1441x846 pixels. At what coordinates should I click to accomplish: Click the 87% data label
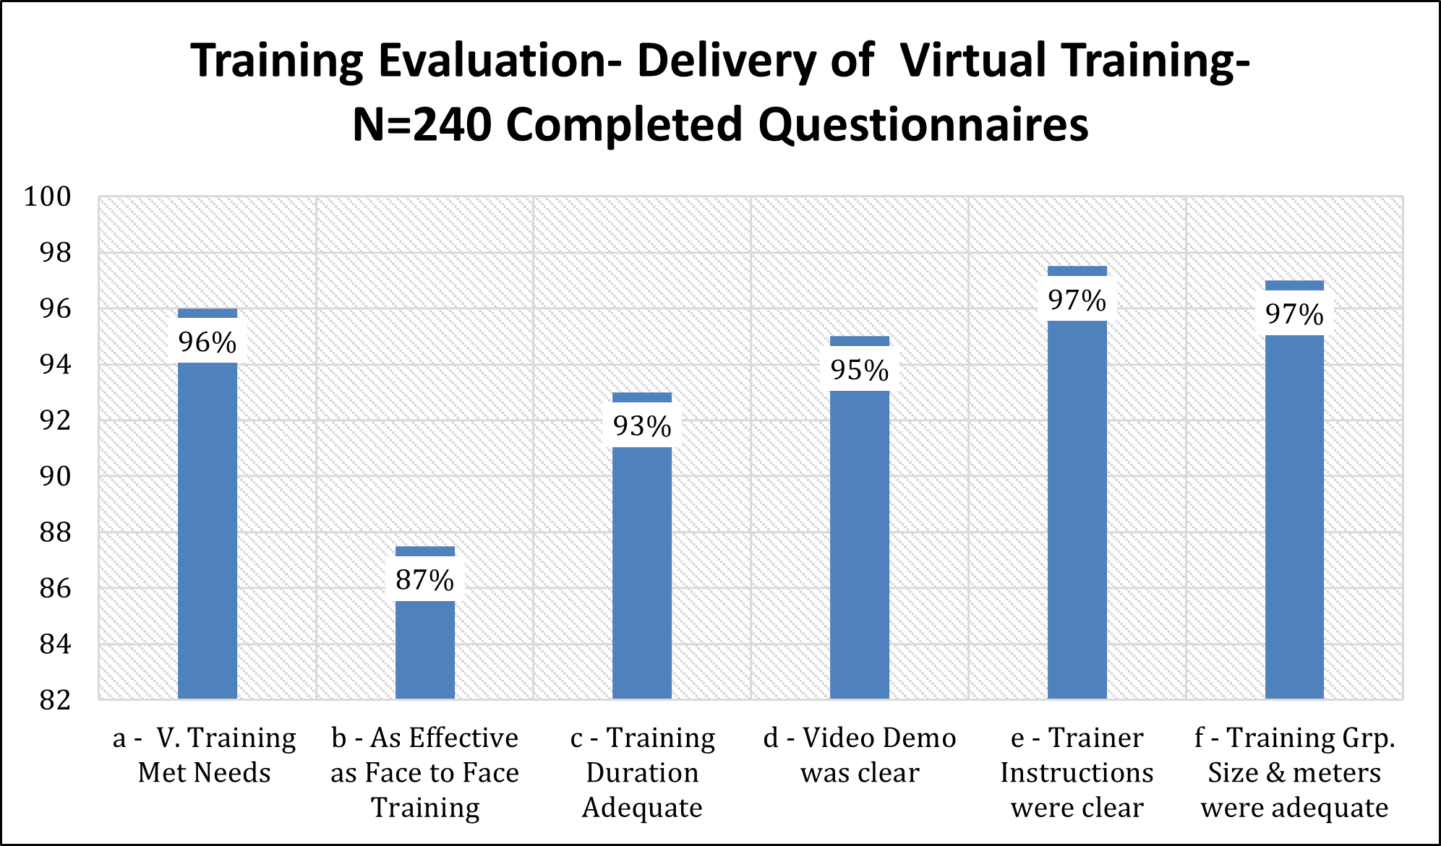(425, 580)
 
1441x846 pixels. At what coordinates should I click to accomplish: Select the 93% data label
(642, 426)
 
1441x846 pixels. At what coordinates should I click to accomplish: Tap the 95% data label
(860, 371)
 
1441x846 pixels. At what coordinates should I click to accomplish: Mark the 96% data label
(208, 342)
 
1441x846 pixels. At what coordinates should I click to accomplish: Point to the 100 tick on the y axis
(48, 197)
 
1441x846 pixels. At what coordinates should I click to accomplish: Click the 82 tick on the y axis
(56, 700)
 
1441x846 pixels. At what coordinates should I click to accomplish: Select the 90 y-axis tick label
(56, 477)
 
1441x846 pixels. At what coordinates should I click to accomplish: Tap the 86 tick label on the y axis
(56, 589)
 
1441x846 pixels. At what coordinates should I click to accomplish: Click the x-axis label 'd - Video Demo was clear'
(860, 755)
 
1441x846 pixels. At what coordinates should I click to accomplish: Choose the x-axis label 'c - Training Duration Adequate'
(642, 772)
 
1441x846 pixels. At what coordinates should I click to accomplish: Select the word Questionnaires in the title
(923, 125)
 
